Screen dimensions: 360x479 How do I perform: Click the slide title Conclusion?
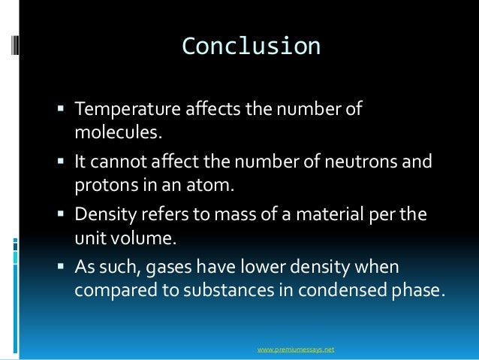click(251, 47)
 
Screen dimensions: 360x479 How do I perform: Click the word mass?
click(214, 215)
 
